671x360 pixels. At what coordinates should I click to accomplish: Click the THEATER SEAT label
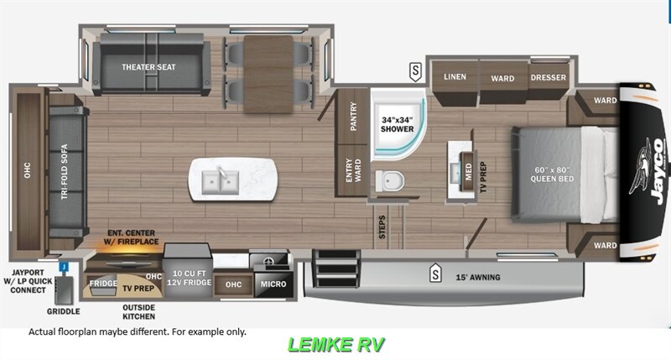[x=148, y=67]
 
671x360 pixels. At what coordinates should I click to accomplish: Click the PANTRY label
[x=354, y=117]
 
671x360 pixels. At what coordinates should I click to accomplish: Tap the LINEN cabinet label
[x=455, y=78]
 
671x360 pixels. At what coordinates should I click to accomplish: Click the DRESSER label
[x=548, y=78]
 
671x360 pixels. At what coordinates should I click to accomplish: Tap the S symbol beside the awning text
[x=435, y=273]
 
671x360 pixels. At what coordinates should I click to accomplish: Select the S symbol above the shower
[x=415, y=70]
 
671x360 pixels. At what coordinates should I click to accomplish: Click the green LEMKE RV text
[x=336, y=344]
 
